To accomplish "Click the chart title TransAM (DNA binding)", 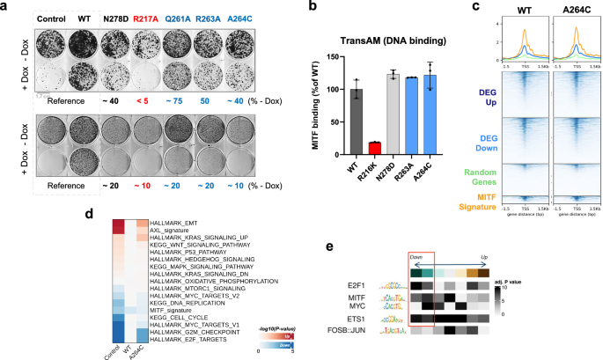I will pos(388,39).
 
